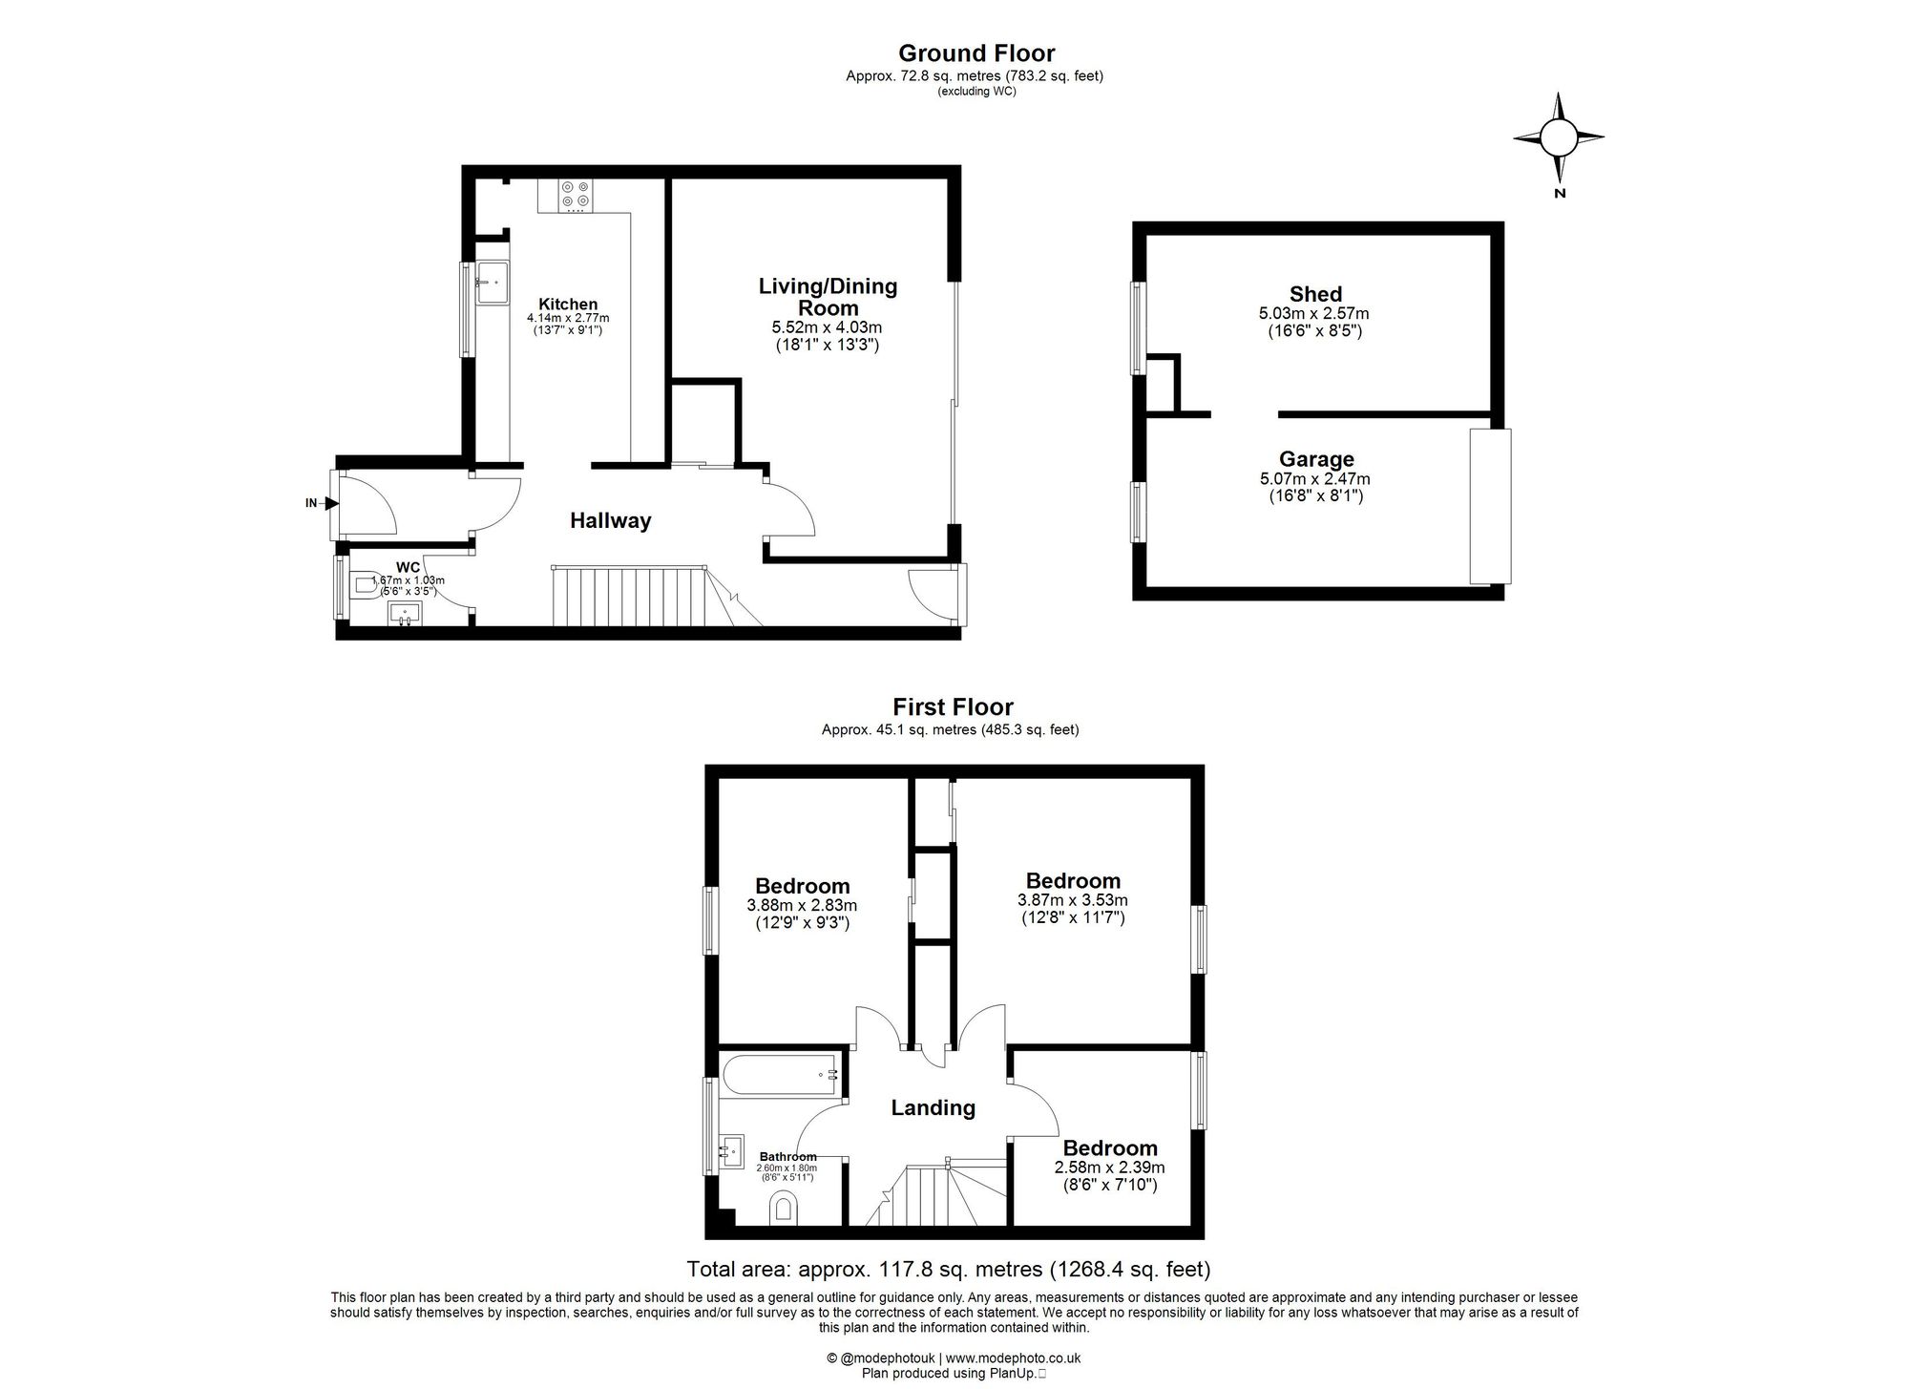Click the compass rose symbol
point(1558,138)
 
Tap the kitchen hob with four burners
point(576,195)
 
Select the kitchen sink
point(491,282)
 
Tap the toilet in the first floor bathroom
point(784,1210)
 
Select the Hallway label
point(610,520)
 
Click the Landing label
point(933,1107)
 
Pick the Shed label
point(1314,294)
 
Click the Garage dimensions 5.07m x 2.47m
point(1314,479)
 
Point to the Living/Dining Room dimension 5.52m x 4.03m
point(827,327)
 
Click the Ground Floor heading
point(975,53)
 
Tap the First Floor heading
point(952,706)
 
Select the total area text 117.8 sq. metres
point(948,1270)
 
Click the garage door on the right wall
point(1489,506)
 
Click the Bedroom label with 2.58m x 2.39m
point(1109,1148)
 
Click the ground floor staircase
point(630,597)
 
